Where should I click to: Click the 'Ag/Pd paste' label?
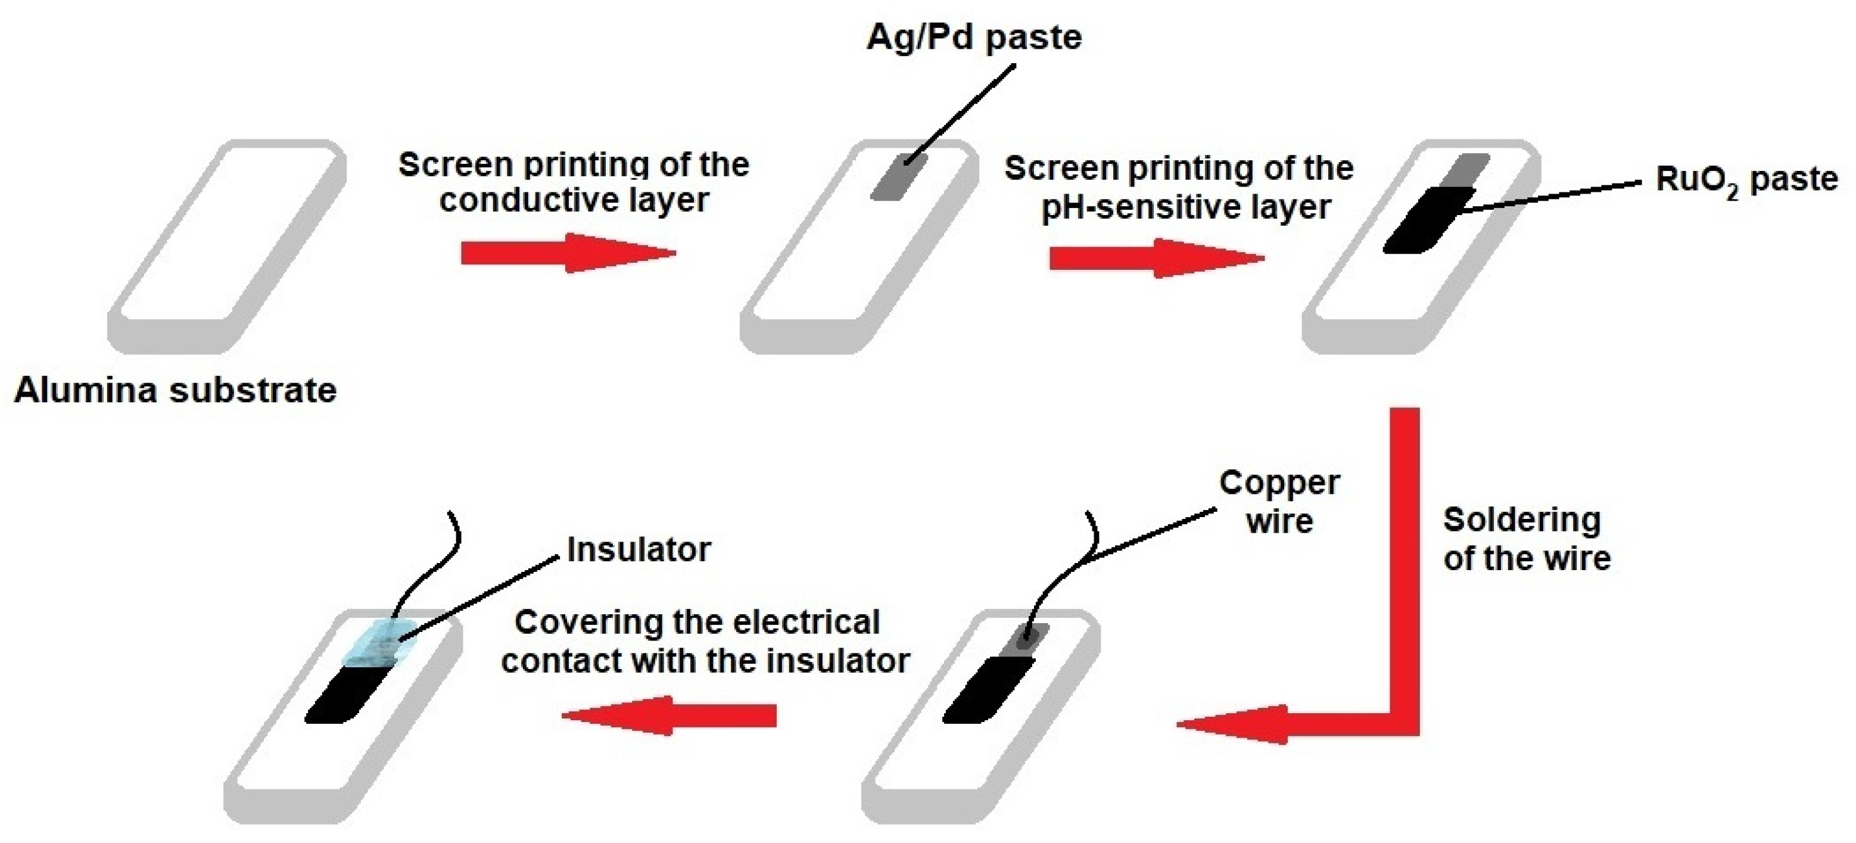point(973,38)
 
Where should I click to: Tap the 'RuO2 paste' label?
point(1746,180)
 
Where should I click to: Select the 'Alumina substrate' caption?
point(175,390)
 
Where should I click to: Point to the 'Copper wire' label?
point(1279,502)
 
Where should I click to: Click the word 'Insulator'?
point(639,550)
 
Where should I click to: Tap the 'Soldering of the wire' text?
point(1526,539)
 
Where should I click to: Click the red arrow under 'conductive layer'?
point(568,253)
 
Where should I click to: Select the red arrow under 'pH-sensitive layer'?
point(1156,258)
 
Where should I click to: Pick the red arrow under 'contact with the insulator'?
point(669,716)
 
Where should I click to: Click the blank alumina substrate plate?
point(227,245)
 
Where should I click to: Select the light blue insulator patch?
point(378,643)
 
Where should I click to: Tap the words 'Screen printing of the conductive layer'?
point(574,182)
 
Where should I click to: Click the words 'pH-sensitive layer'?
point(1186,207)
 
